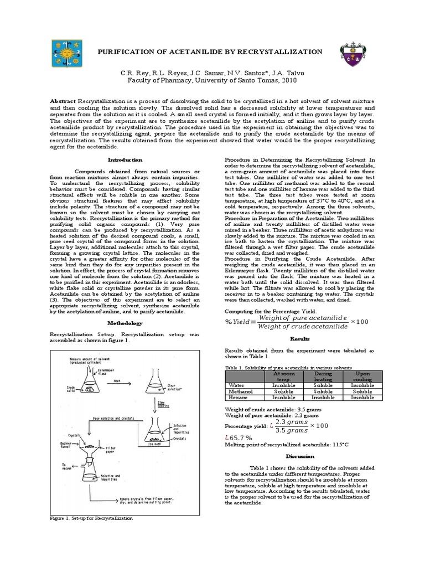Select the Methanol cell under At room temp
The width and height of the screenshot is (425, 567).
point(283,390)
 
